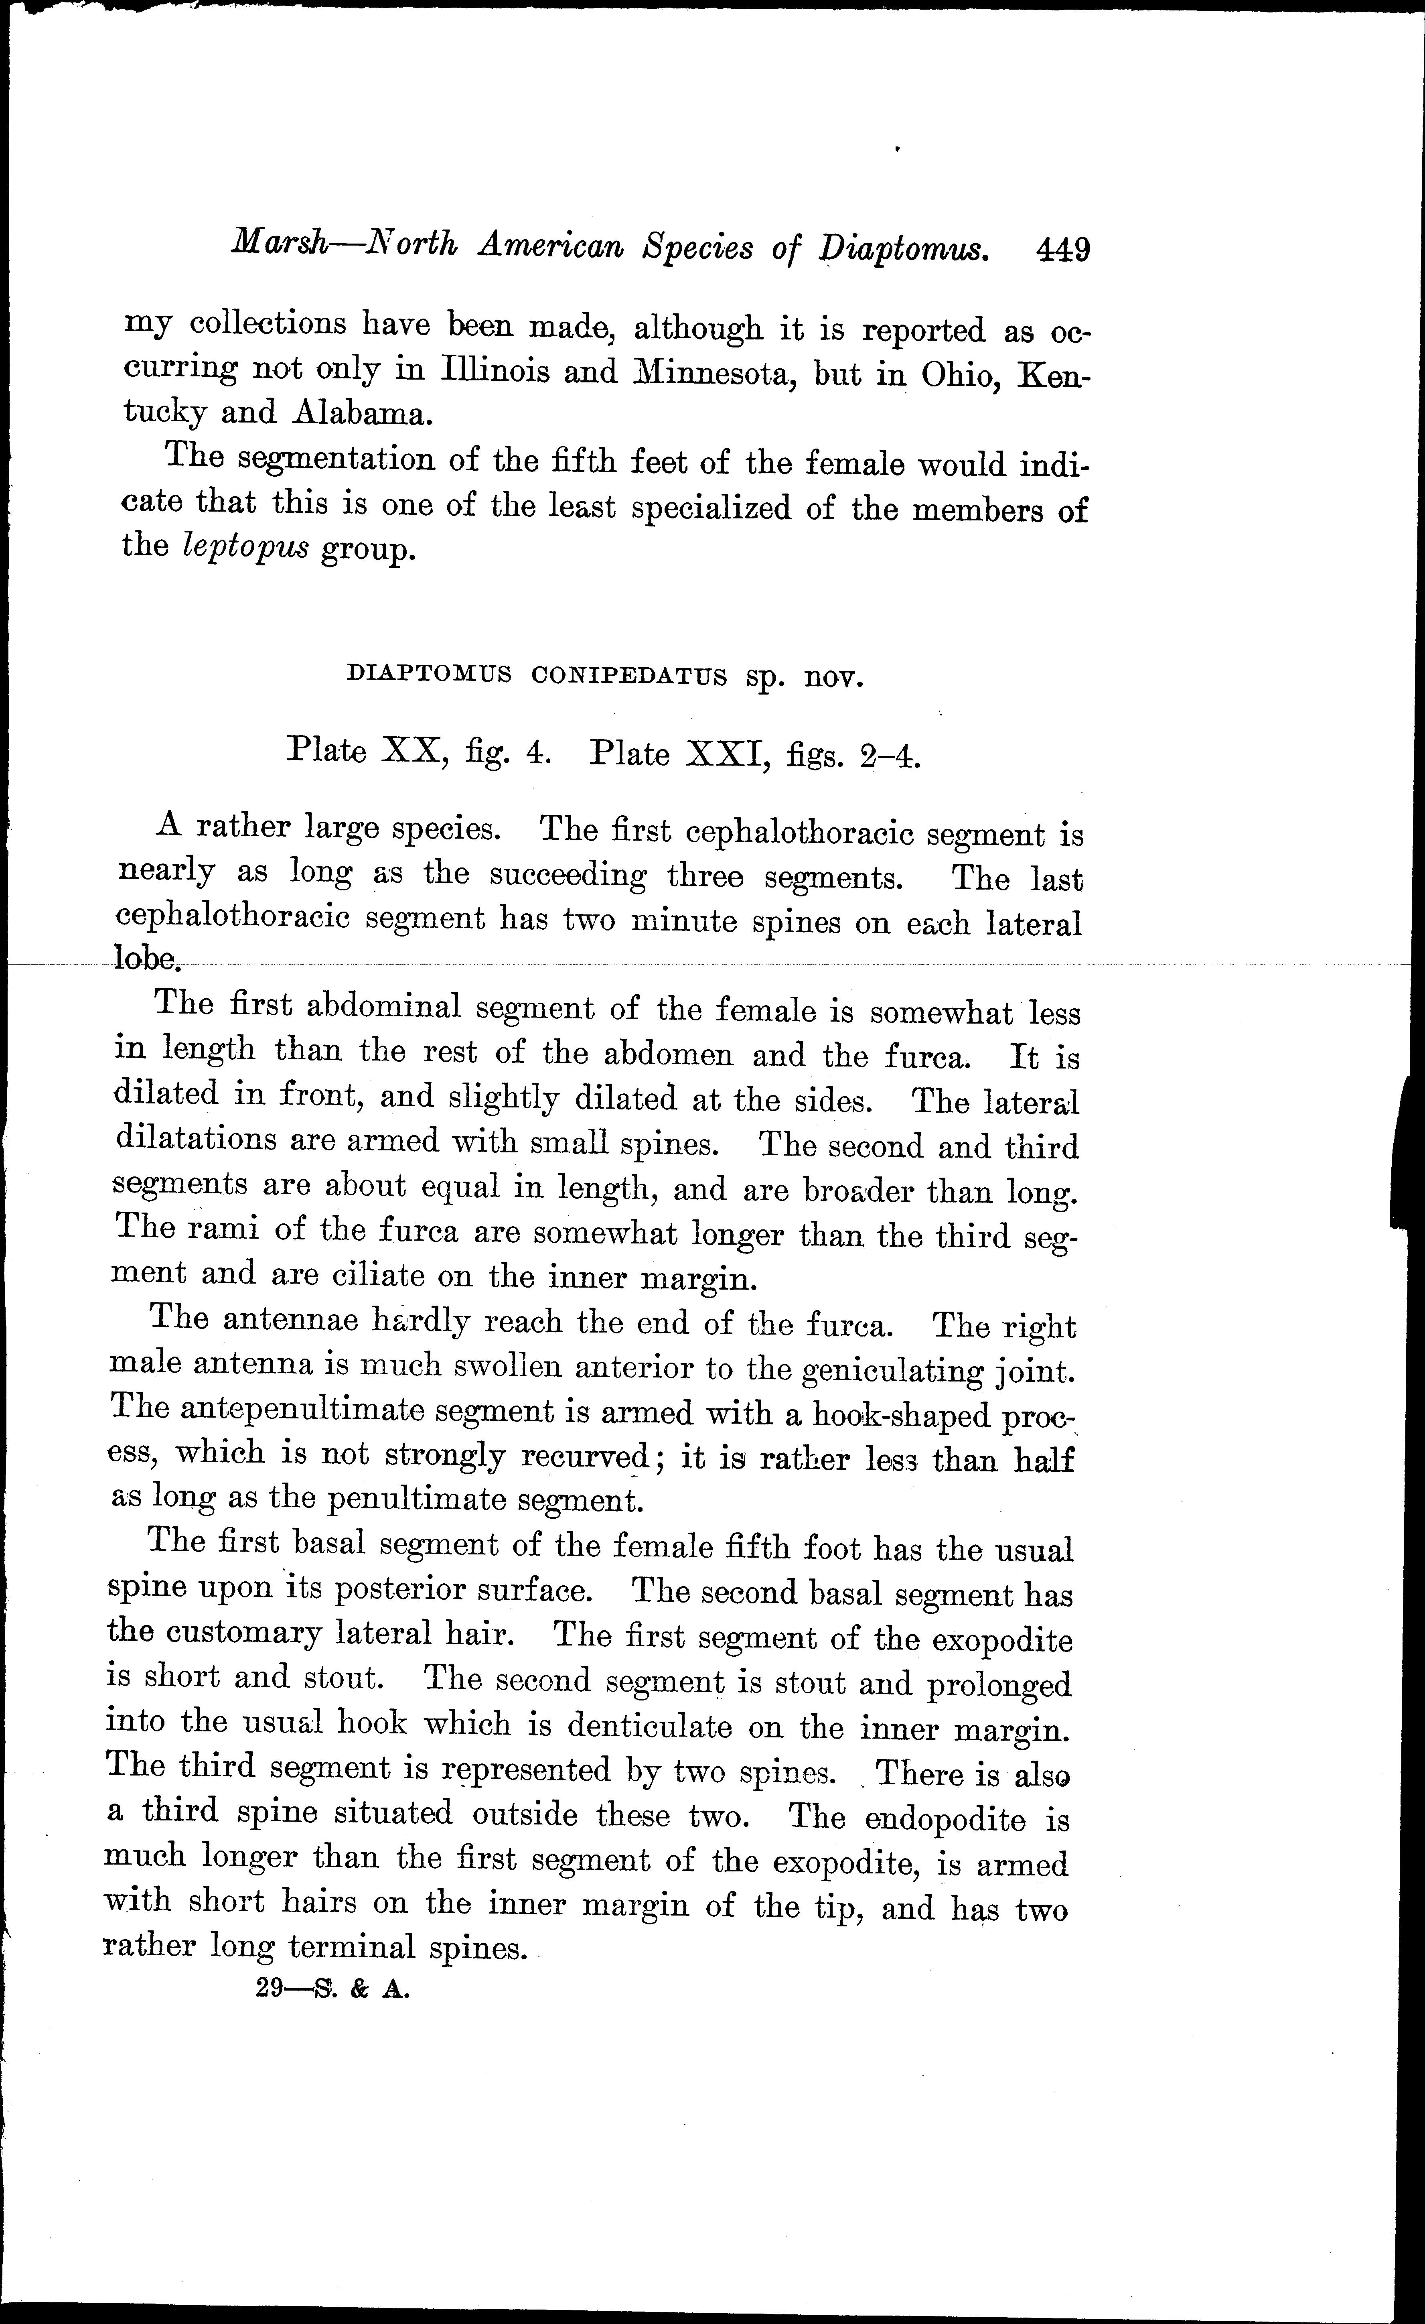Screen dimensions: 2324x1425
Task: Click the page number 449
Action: pos(1063,251)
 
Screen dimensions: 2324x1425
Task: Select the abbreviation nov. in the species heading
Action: pos(833,678)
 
